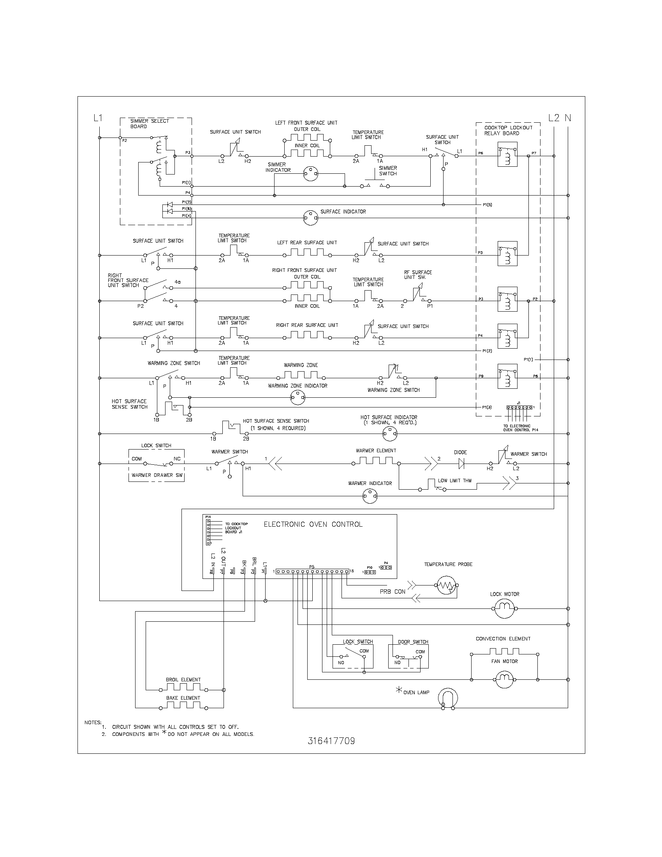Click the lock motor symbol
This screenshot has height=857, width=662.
click(x=504, y=608)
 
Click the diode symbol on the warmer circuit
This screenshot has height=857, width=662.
click(x=461, y=464)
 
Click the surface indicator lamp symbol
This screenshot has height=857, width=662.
click(x=310, y=217)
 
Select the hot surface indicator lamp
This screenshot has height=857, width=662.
click(x=390, y=434)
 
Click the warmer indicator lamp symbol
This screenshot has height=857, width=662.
click(x=370, y=496)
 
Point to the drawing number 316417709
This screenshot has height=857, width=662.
click(x=331, y=741)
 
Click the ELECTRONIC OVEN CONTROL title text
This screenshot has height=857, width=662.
click(x=313, y=524)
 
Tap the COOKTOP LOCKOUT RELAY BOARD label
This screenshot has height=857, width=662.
click(x=508, y=130)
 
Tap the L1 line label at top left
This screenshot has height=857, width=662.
click(x=98, y=117)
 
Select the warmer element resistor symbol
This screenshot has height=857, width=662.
click(x=376, y=461)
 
